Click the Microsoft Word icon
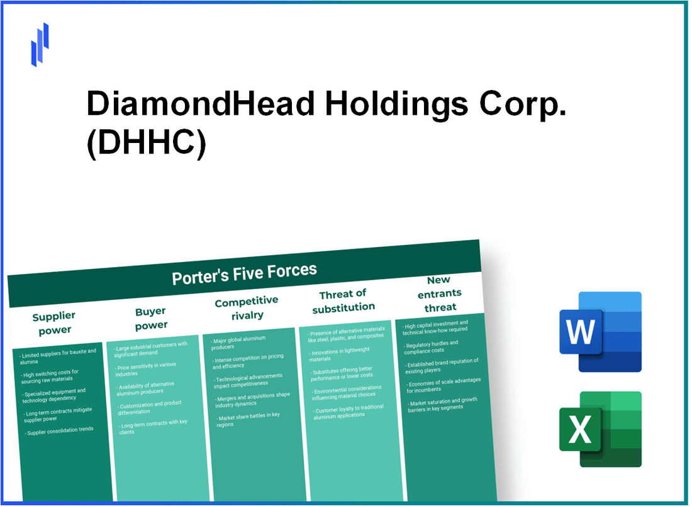tap(600, 331)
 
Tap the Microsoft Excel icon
tap(600, 430)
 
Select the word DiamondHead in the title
tap(201, 103)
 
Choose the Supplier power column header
tap(55, 322)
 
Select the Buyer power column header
tap(151, 318)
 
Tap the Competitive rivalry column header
tap(247, 308)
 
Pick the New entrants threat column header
tap(440, 293)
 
